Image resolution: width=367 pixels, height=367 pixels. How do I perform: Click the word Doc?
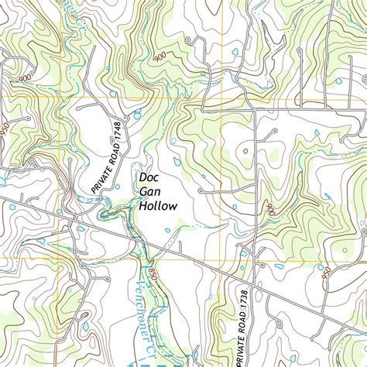tap(149, 177)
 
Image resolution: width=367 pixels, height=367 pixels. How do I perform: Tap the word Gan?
tap(149, 192)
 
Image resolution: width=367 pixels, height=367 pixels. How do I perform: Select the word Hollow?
tap(158, 206)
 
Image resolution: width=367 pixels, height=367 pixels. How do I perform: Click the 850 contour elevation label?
tap(153, 273)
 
